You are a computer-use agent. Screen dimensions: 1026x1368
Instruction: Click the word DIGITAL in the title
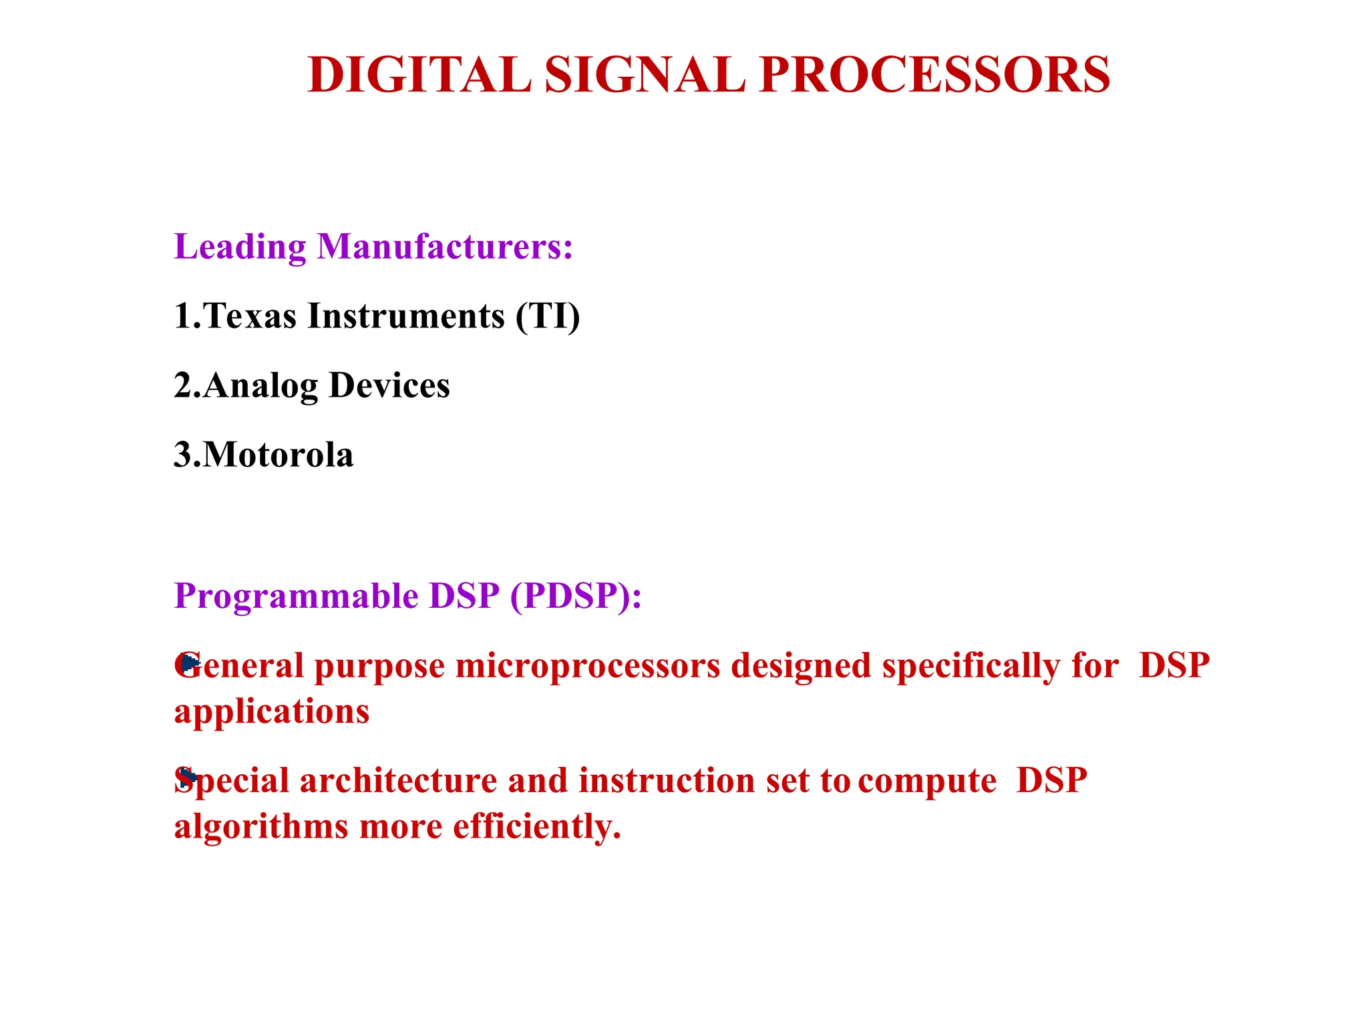click(x=419, y=75)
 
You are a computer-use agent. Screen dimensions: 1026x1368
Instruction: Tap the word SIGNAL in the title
click(x=645, y=75)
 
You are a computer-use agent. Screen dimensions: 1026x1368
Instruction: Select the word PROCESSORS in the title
click(x=934, y=75)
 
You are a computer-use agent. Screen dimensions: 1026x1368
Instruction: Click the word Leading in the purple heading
click(x=240, y=247)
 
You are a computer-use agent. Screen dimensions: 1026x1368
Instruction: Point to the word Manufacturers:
click(x=445, y=246)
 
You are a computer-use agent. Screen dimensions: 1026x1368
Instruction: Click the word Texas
click(x=250, y=316)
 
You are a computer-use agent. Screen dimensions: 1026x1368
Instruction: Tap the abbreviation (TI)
click(x=548, y=316)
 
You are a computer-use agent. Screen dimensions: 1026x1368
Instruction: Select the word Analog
click(x=261, y=386)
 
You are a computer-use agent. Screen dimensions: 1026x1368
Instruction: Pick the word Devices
click(x=389, y=385)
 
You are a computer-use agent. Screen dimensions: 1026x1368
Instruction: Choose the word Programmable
click(x=296, y=596)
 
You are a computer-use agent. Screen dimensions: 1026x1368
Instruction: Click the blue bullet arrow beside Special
click(x=188, y=777)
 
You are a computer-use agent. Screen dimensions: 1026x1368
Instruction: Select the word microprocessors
click(x=588, y=667)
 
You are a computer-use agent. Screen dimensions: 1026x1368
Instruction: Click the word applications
click(x=272, y=712)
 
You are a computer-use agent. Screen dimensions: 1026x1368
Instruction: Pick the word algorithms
click(x=261, y=827)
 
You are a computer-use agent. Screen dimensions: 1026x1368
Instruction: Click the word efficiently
click(x=537, y=827)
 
